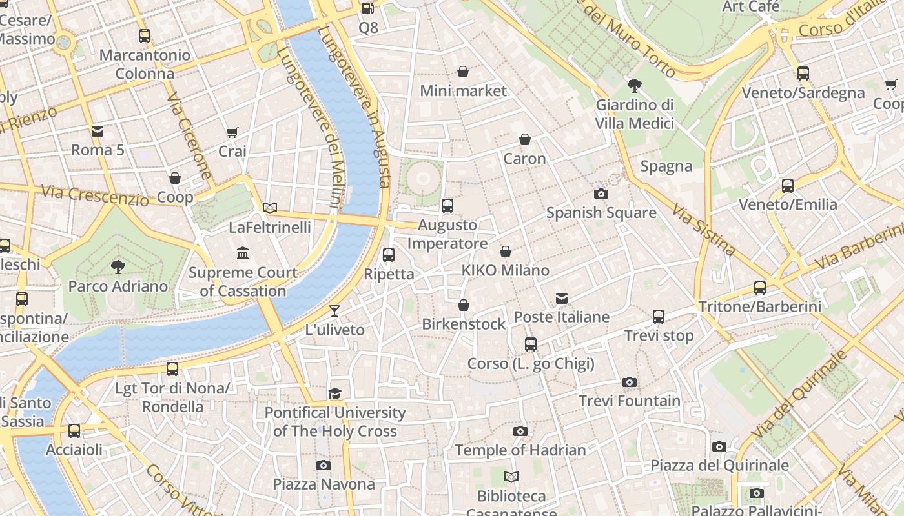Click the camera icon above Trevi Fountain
(x=630, y=382)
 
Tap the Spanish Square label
(x=601, y=213)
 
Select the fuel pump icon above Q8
(x=367, y=8)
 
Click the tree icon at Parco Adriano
(x=118, y=266)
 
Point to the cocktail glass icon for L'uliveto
(x=334, y=311)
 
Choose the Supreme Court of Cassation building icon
(x=243, y=253)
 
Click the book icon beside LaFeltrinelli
(x=270, y=208)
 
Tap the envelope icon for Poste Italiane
(x=562, y=298)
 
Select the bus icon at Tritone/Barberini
(x=760, y=288)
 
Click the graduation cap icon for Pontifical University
(x=334, y=393)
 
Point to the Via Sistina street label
(x=703, y=229)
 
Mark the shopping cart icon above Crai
(x=232, y=133)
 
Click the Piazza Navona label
(x=324, y=484)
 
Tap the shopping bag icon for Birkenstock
(x=464, y=305)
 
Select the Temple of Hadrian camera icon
(x=520, y=432)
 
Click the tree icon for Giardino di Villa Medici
(x=634, y=85)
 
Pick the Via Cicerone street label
(x=189, y=136)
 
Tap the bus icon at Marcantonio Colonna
(x=145, y=36)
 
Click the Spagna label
(x=666, y=166)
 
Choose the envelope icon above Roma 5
(x=98, y=132)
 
